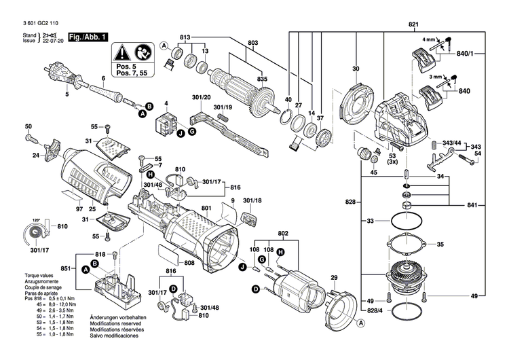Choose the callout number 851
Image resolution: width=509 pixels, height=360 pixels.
coord(66,270)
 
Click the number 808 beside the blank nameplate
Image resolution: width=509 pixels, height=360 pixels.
coord(189,263)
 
